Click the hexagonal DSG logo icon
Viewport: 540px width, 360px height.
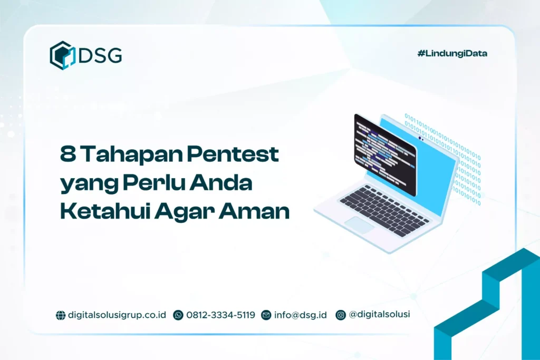62,55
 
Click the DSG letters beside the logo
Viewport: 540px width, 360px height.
100,55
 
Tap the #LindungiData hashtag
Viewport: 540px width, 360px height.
452,53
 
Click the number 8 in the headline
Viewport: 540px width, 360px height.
67,155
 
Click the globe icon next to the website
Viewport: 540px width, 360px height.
61,315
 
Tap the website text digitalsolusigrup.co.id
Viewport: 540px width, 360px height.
117,315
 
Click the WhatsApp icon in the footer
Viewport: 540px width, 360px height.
178,315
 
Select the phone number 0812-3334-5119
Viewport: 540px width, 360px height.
220,315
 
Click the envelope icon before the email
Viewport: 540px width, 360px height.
266,315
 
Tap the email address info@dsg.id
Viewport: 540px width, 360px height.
301,315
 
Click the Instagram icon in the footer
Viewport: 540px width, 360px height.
341,315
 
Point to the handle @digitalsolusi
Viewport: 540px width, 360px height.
379,315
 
